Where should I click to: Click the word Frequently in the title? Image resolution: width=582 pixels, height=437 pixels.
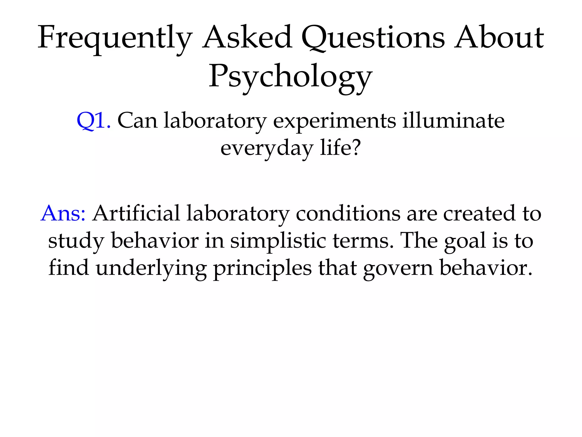coord(115,38)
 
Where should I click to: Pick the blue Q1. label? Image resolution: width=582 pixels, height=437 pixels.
coord(93,121)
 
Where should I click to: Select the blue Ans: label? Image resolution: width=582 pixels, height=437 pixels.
coord(63,213)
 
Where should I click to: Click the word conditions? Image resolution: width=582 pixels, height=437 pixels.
coord(348,213)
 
